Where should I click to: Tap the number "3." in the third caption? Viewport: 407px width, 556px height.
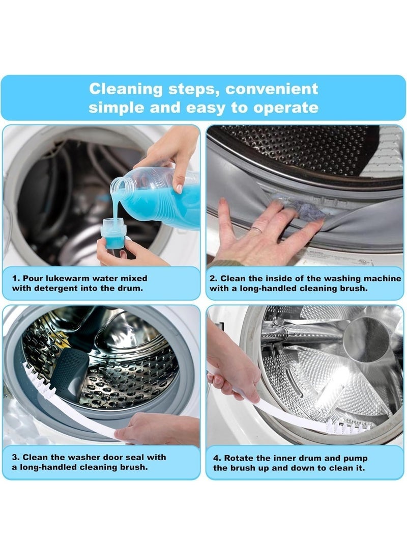pos(16,457)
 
